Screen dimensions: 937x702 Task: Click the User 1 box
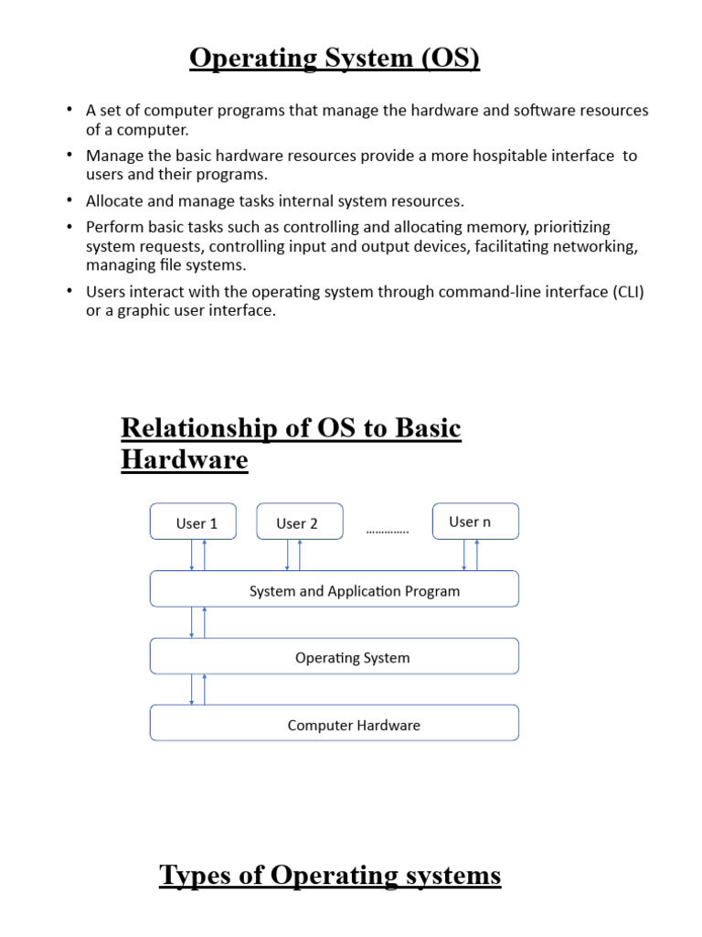[x=193, y=522]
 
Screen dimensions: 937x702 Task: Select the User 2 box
[x=300, y=522]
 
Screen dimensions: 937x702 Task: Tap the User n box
[x=474, y=521]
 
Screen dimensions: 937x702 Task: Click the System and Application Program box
[x=335, y=589]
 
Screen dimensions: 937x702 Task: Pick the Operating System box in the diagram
[x=335, y=656]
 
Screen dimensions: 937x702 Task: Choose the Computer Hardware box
[x=335, y=724]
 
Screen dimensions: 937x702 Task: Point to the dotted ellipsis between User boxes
[x=388, y=531]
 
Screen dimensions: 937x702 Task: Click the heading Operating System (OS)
[x=335, y=59]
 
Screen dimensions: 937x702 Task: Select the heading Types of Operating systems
[x=330, y=876]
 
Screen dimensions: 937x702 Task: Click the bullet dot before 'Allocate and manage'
[x=69, y=200]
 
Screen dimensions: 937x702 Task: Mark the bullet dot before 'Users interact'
[x=69, y=292]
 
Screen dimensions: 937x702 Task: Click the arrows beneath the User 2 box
[x=293, y=555]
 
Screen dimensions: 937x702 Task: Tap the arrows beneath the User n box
[x=470, y=555]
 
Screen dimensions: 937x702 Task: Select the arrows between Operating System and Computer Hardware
[x=197, y=689]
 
